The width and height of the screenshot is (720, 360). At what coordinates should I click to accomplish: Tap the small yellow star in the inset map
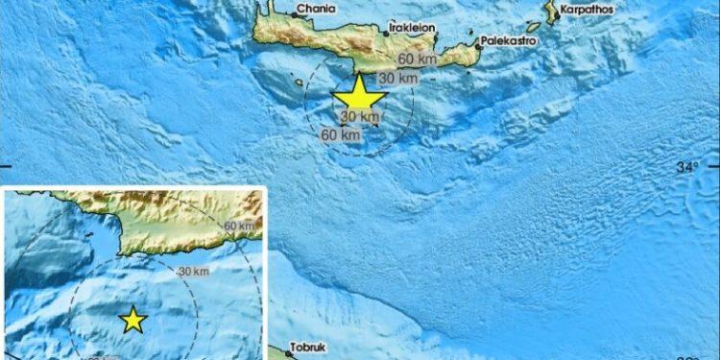click(132, 320)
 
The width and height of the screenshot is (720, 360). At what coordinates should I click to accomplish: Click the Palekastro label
click(510, 43)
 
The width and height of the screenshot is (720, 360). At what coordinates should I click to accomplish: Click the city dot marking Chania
click(293, 12)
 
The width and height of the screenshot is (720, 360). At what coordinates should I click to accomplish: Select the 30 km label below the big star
click(358, 117)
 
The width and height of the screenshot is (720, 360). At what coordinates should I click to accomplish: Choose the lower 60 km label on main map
click(341, 135)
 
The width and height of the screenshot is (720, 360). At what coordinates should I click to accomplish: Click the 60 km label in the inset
click(242, 226)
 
